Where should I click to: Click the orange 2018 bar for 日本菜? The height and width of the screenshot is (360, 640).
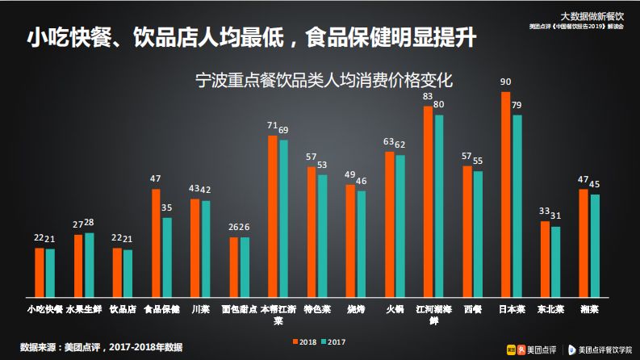tap(506, 194)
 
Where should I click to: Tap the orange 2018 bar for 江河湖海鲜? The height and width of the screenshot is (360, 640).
tap(429, 201)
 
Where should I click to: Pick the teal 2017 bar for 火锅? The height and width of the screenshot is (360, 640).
tap(400, 225)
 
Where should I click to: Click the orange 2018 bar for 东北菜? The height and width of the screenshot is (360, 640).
tap(545, 258)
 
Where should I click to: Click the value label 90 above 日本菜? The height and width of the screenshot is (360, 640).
tap(506, 82)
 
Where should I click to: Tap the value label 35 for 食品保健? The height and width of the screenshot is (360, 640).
tap(168, 208)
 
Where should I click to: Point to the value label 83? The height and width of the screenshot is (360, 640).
tap(428, 96)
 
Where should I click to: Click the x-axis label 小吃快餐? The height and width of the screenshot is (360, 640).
tap(44, 309)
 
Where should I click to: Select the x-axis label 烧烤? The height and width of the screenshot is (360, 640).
tap(356, 309)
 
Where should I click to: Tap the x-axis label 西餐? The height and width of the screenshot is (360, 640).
tap(473, 309)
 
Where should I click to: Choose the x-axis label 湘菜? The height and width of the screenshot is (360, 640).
tap(590, 309)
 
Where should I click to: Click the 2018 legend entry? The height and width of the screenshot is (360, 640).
tap(303, 341)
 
